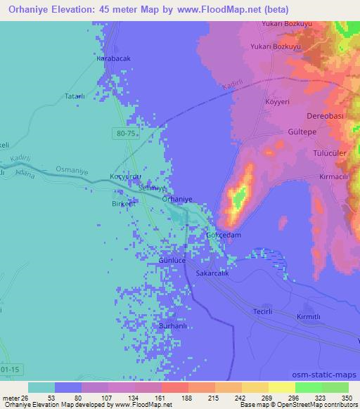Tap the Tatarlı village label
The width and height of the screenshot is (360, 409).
pyautogui.click(x=75, y=96)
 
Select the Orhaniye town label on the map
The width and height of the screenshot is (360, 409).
pyautogui.click(x=176, y=199)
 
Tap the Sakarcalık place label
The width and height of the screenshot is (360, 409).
pyautogui.click(x=213, y=273)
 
